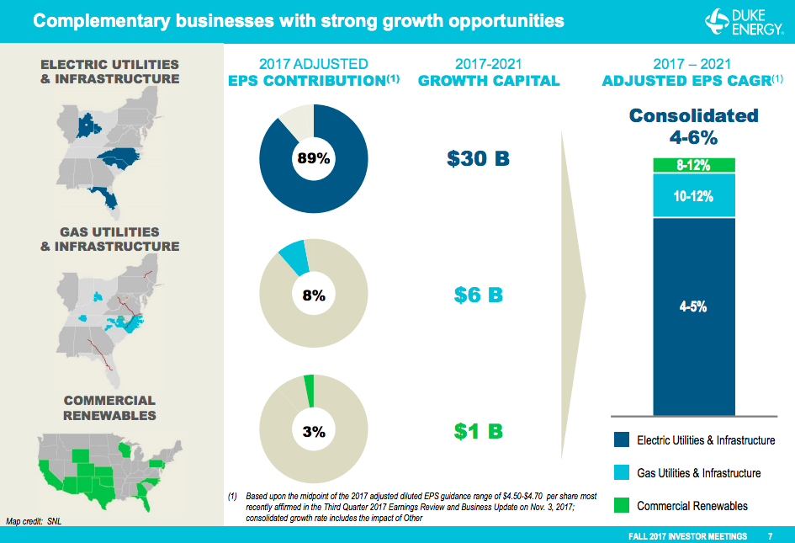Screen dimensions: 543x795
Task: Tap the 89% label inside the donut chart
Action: (x=313, y=158)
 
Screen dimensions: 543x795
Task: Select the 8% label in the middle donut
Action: (x=313, y=295)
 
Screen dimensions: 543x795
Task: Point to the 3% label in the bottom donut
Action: (x=313, y=431)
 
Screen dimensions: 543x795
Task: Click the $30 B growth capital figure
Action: (x=478, y=158)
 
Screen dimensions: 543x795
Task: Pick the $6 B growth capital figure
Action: (x=478, y=295)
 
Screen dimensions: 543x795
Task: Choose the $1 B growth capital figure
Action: (x=478, y=431)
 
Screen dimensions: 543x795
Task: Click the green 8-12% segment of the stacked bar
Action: (x=694, y=166)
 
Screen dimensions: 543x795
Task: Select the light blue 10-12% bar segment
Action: (x=694, y=196)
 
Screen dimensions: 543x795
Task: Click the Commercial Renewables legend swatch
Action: (x=622, y=505)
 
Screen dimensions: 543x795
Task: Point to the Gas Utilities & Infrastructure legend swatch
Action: (x=622, y=472)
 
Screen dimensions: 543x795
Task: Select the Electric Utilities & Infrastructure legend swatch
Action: (x=622, y=439)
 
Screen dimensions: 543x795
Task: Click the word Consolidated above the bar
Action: (x=694, y=116)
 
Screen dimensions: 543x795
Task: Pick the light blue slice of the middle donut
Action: (x=294, y=256)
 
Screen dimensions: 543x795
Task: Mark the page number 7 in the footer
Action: (x=771, y=535)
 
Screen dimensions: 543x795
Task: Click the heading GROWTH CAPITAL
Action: (x=488, y=81)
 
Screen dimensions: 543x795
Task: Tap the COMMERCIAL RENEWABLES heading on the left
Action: (x=109, y=407)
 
